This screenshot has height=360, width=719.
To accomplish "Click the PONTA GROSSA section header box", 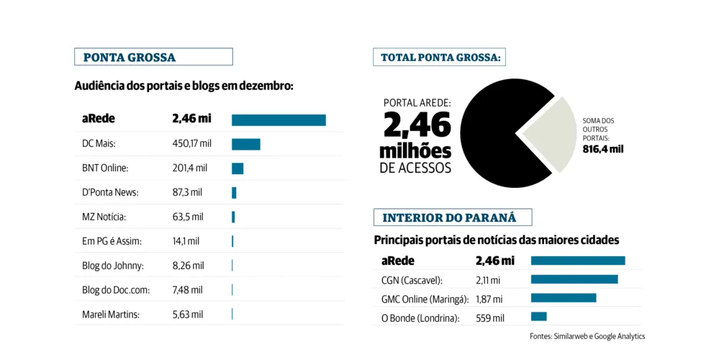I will click(153, 57).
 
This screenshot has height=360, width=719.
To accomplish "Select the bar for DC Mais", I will click(245, 144).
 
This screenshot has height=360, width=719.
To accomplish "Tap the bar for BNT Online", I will click(238, 168).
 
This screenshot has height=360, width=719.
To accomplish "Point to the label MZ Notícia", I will click(104, 217).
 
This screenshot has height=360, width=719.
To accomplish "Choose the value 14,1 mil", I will click(186, 241).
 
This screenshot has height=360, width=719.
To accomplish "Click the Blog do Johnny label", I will click(113, 266).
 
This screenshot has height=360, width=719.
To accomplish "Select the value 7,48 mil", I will click(187, 290).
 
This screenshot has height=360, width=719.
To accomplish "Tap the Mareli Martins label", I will click(111, 315).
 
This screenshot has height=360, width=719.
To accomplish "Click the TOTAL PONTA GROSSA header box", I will click(440, 58).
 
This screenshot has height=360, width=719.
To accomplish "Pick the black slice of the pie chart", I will click(497, 137).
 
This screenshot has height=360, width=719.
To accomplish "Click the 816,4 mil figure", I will click(602, 149).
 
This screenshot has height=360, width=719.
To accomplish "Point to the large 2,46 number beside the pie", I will click(417, 125).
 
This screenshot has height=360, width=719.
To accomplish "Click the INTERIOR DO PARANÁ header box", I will click(452, 217).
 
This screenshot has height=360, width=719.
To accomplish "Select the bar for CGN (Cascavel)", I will click(574, 279).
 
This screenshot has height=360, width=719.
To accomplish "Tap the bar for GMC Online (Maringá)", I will click(563, 298).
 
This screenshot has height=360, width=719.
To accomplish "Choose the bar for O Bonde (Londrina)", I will click(538, 317).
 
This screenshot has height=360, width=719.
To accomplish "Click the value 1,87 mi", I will click(489, 299).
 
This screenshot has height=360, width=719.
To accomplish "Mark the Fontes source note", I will click(587, 336).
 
